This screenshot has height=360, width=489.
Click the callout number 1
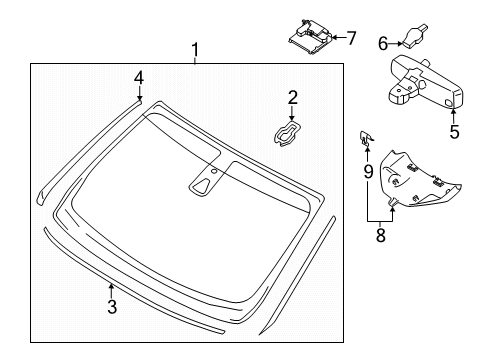coord(196,49)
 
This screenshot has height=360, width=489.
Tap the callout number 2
coord(292,97)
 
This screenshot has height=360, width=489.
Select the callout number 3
coord(112,307)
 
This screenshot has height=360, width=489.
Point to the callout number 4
coord(140,76)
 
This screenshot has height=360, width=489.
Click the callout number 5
coord(453,130)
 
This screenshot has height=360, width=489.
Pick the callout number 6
coord(382,42)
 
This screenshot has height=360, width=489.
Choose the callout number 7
coord(350,38)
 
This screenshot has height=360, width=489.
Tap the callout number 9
coord(368,171)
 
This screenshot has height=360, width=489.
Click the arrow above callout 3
coord(112,289)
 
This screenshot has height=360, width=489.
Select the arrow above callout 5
coord(453,111)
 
